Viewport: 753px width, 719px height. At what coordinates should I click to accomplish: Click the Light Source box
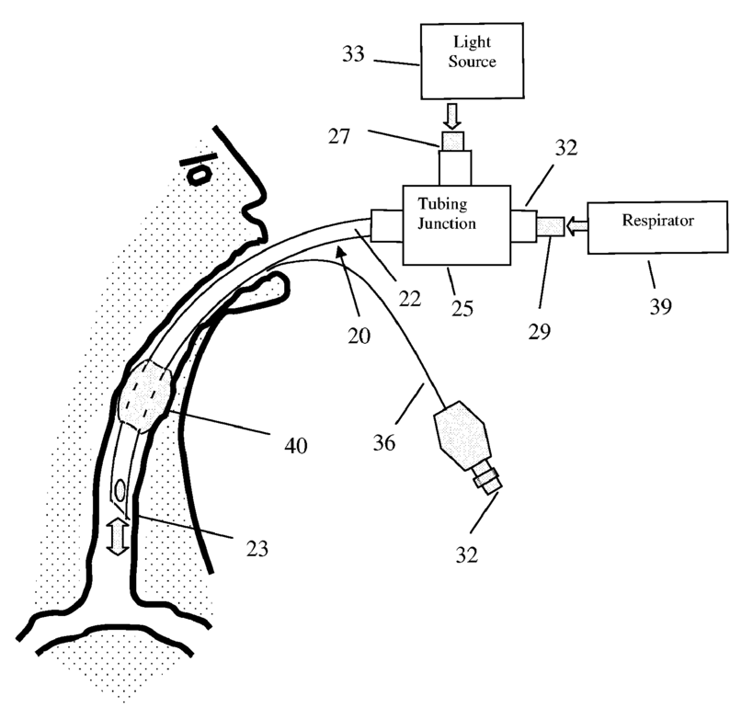(x=472, y=60)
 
